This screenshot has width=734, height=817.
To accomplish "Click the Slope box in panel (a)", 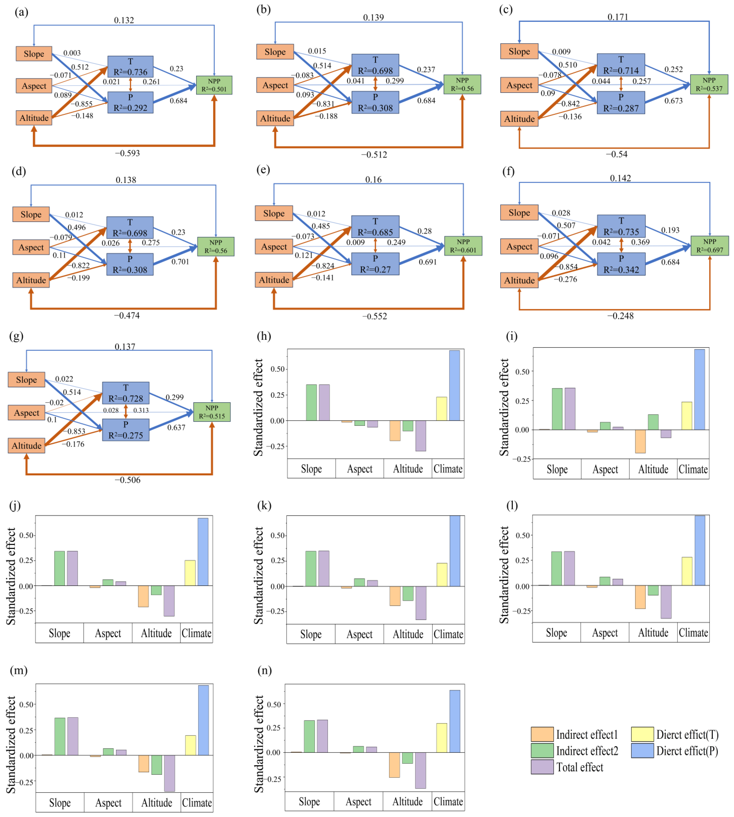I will [x=34, y=54].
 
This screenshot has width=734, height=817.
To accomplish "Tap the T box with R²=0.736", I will [x=130, y=67].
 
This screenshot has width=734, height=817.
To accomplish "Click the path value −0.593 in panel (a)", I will [x=128, y=153].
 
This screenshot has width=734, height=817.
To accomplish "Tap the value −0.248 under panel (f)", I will [x=620, y=316].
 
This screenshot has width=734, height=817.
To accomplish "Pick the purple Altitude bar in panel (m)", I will [x=169, y=773].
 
